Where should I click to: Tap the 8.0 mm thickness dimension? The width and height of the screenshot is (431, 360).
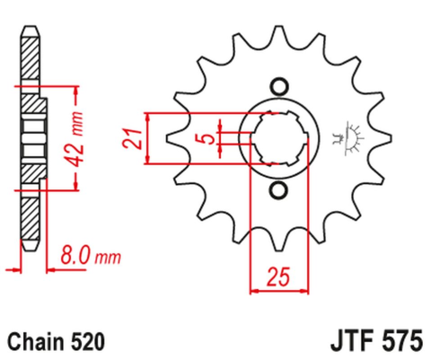[89, 258]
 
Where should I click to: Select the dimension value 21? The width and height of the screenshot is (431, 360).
[132, 139]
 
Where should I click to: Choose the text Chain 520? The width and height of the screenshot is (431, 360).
[56, 341]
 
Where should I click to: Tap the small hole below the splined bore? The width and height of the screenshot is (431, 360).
[277, 189]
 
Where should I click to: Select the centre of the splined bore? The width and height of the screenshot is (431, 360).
[277, 138]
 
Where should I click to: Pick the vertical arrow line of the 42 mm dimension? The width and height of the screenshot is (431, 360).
[76, 138]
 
